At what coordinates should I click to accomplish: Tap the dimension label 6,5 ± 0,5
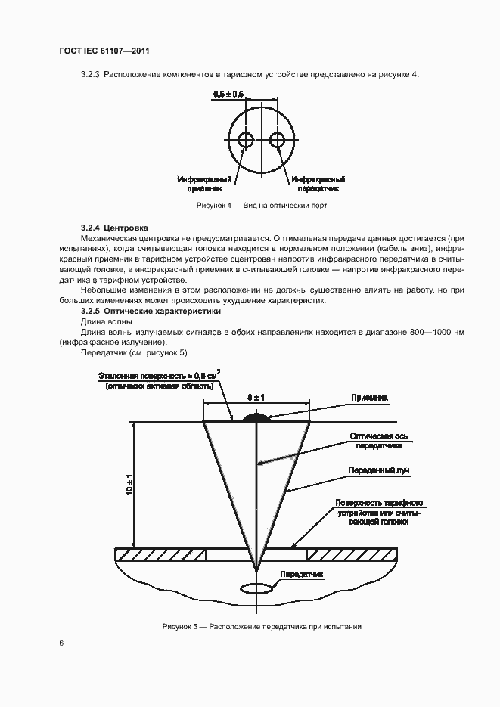(x=228, y=94)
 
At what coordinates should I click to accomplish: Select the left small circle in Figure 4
(x=246, y=140)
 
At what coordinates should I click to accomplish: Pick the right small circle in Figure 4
(x=277, y=140)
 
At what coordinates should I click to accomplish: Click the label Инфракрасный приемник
(x=205, y=185)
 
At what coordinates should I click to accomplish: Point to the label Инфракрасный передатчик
(x=320, y=185)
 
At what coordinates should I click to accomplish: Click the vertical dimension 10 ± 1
(x=129, y=485)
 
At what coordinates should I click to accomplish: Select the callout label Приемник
(x=369, y=397)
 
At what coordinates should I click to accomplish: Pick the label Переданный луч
(x=378, y=470)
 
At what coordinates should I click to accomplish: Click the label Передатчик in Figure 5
(x=301, y=575)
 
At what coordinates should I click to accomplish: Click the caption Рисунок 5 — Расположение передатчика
(x=262, y=627)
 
